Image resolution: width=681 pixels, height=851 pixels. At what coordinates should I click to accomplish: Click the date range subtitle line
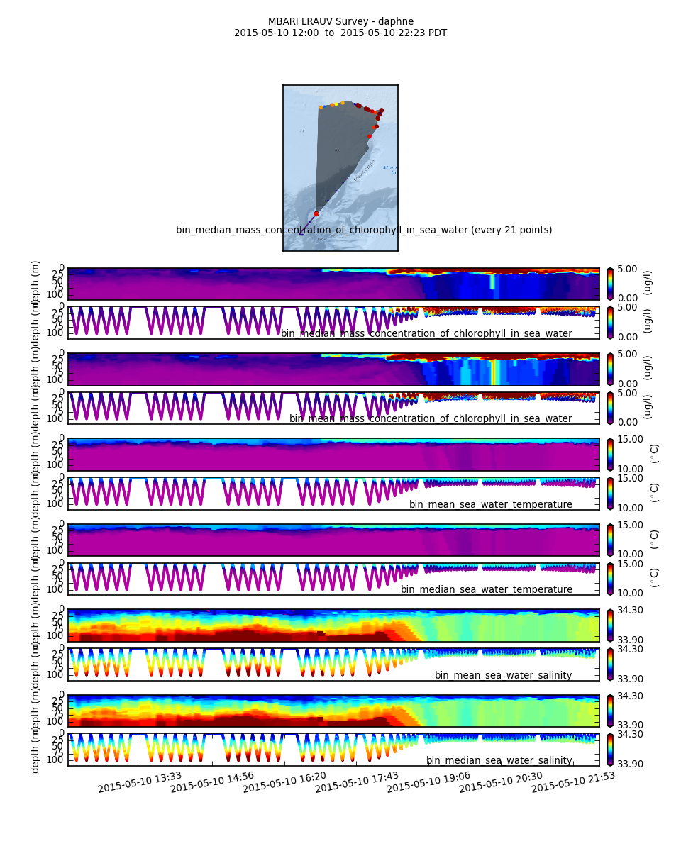pos(340,33)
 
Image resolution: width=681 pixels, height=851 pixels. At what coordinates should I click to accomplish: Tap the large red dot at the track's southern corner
pos(316,213)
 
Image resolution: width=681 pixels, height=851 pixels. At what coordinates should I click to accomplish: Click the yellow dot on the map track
pos(336,104)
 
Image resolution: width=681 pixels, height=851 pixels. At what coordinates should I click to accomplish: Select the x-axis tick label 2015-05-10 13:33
pos(140,782)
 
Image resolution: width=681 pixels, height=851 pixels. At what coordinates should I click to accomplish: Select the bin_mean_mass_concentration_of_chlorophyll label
pos(430,418)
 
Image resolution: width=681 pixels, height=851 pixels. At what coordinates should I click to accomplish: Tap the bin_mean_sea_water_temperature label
pos(490,504)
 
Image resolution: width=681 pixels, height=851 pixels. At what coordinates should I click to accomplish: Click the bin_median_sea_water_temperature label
pos(486,589)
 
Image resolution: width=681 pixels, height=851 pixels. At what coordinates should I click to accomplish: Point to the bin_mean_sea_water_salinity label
pos(503,675)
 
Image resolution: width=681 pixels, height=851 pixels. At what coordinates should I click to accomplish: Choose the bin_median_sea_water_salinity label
pos(499,760)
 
